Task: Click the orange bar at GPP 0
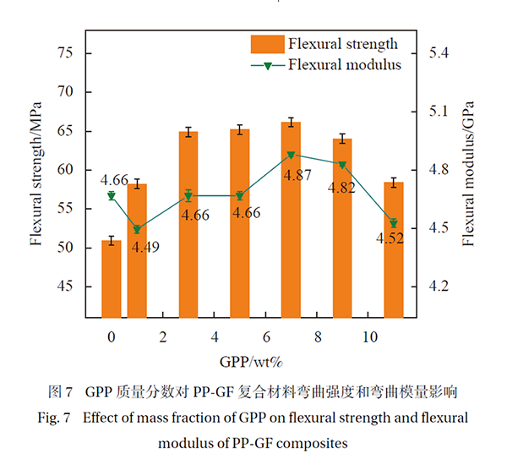112,279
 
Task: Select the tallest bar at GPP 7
292,220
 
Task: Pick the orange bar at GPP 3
188,224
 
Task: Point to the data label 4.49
144,247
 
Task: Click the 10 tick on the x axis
369,336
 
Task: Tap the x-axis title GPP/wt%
243,362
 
